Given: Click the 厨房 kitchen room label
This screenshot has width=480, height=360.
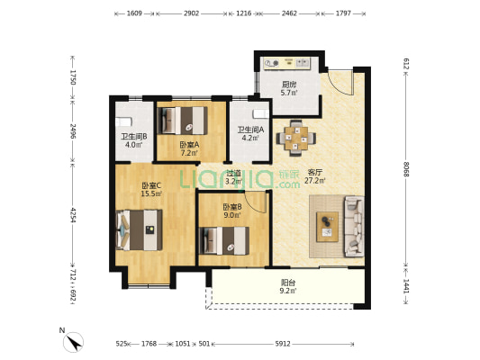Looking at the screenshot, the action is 289,85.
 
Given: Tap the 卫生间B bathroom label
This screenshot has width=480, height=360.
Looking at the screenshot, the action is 134,137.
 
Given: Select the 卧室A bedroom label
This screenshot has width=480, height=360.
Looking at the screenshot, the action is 189,145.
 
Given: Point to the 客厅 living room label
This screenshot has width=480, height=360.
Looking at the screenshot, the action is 314,172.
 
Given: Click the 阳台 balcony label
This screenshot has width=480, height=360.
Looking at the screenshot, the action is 288,283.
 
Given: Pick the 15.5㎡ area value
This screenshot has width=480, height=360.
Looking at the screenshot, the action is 151,193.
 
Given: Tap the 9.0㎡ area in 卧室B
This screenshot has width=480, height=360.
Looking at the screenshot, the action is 232,215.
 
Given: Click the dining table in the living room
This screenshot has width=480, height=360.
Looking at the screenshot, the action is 296,138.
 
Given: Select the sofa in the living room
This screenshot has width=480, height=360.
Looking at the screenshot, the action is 354,226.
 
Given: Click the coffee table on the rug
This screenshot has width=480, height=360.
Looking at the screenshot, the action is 327,227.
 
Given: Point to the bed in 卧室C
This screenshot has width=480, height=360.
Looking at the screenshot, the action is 140,229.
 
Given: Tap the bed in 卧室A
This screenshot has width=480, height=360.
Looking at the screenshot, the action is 182,121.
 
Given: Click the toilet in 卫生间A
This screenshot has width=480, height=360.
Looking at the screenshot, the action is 261,114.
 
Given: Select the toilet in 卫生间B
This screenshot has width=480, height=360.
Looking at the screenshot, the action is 123,121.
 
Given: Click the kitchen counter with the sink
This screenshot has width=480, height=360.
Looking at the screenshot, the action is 287,63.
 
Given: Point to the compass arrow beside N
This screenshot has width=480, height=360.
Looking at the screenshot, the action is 74,343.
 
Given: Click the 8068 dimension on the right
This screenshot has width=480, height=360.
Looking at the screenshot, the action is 406,169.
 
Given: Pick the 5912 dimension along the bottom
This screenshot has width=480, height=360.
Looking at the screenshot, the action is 283,344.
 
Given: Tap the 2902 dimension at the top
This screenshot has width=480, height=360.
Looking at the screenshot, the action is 191,13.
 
